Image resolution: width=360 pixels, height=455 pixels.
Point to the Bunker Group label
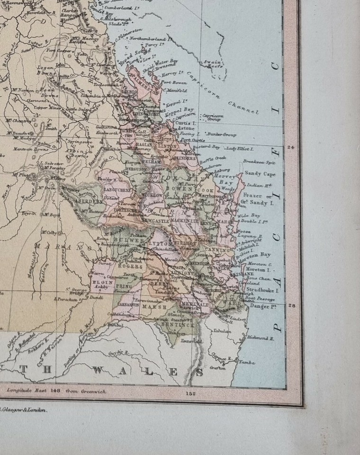click(222, 135)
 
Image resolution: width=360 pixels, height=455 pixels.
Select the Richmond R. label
click(260, 338)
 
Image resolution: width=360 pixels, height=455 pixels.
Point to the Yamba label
click(247, 363)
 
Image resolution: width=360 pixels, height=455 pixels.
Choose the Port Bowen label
click(172, 82)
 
